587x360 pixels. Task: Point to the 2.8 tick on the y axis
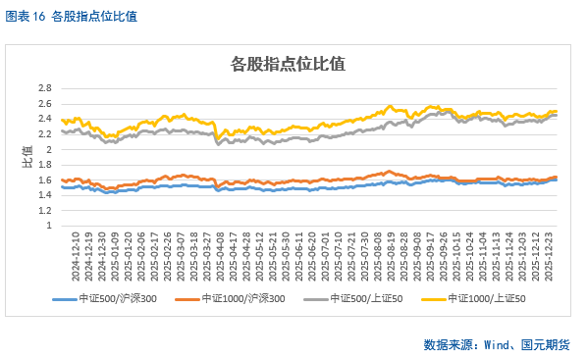pos(44,88)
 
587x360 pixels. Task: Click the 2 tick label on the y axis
pos(48,149)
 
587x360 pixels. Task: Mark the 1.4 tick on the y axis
pos(44,195)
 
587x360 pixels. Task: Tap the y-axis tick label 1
pos(48,226)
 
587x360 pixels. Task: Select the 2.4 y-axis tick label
pos(44,119)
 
